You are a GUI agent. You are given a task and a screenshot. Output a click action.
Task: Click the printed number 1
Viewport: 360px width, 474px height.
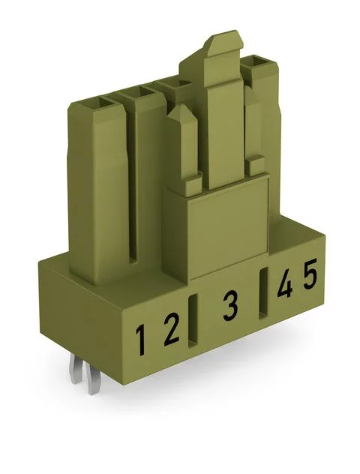click(x=140, y=339)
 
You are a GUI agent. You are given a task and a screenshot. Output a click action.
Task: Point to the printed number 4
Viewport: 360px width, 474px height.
click(x=286, y=286)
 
